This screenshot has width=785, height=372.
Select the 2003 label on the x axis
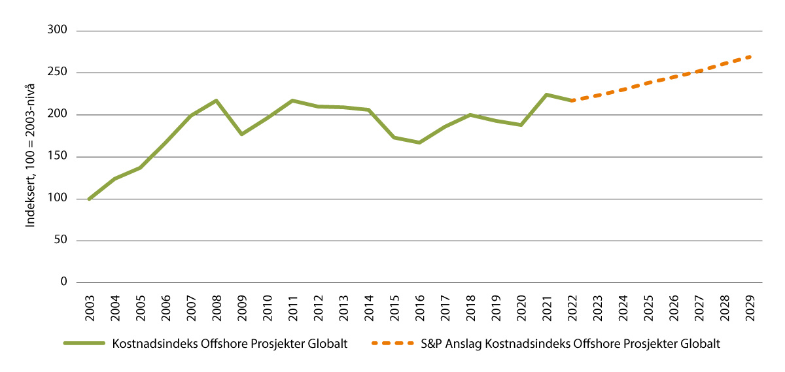point(89,307)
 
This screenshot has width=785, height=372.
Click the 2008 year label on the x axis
point(216,307)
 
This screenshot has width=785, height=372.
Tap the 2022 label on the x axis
point(572,307)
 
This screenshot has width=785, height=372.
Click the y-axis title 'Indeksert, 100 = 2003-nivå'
point(31,157)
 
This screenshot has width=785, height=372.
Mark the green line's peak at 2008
point(216,101)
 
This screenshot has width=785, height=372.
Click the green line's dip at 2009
point(241,134)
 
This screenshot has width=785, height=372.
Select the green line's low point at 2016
point(419,143)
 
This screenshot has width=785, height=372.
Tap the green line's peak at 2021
point(546,95)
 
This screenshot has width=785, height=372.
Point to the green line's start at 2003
point(89,199)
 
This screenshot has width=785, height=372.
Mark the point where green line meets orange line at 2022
point(572,101)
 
